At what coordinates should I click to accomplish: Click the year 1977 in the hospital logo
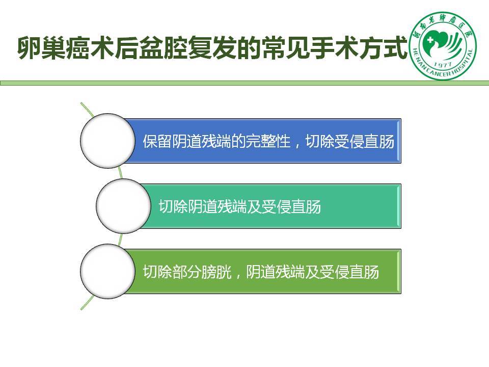[x=443, y=65]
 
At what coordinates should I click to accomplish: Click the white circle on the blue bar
[x=107, y=141]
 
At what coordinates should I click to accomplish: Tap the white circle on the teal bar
[x=123, y=206]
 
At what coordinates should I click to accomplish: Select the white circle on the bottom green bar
[x=107, y=271]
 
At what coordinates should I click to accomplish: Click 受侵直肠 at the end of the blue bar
[x=365, y=141]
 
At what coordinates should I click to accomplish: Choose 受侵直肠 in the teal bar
[x=291, y=206]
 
